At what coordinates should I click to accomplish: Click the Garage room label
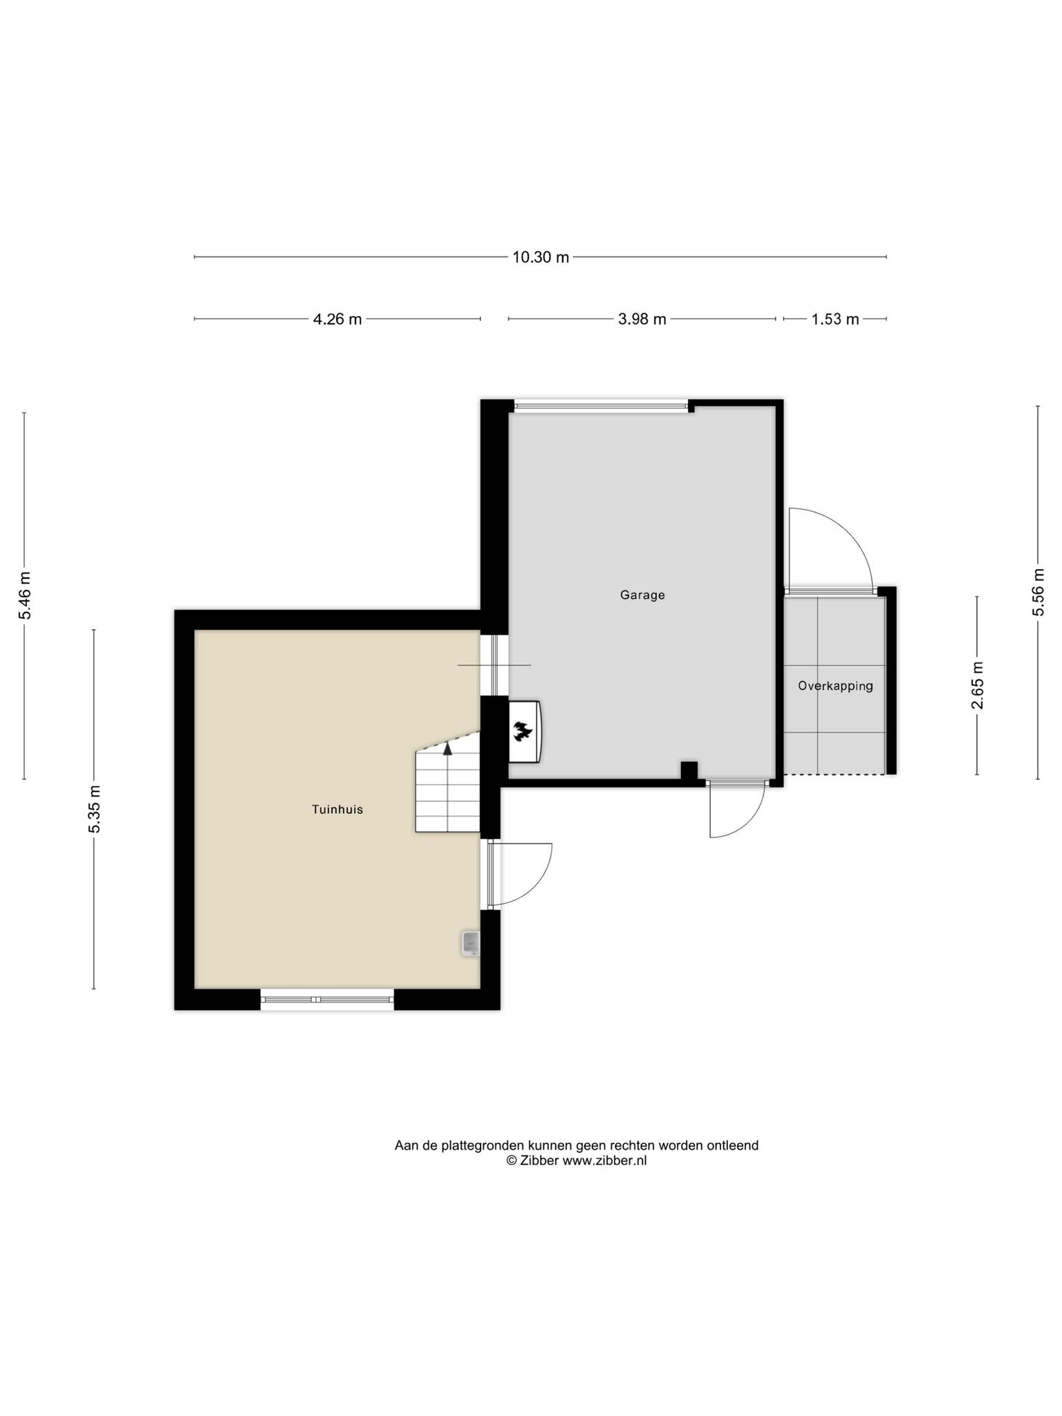642,595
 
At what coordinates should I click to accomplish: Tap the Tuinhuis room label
337,809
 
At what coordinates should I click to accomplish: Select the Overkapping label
835,686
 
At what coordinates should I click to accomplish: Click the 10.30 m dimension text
541,257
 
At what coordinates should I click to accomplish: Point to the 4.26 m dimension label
337,319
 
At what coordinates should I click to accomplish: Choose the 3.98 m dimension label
642,319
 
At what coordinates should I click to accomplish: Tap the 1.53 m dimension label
835,319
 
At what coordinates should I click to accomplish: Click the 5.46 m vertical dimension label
25,595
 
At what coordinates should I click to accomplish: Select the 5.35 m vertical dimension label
94,809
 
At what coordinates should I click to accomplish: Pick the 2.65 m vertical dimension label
977,685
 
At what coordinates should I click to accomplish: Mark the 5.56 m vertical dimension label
1038,592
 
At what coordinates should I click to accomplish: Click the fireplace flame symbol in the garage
522,731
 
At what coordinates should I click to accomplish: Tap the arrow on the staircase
448,747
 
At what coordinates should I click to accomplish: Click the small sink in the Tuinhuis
471,943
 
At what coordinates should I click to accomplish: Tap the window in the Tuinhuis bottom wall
327,999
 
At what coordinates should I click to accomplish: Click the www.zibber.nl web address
604,1161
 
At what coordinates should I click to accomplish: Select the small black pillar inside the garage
689,770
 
